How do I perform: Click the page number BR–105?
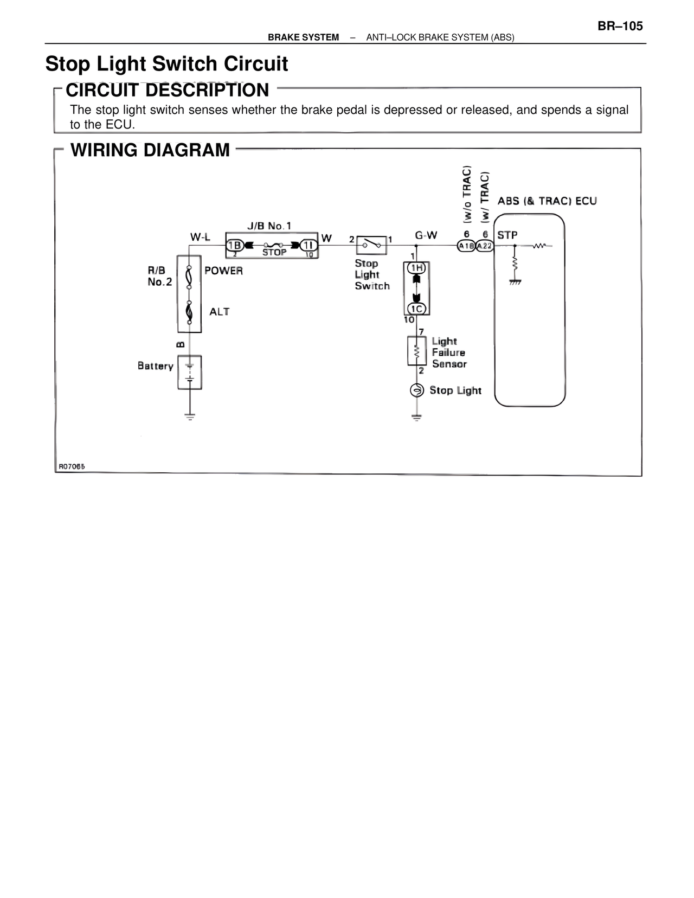coord(620,26)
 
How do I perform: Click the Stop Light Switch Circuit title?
coord(166,64)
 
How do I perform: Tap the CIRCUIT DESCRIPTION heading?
coord(167,90)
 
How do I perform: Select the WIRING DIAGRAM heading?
coord(150,150)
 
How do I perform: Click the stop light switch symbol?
coord(371,245)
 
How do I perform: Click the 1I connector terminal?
coord(308,245)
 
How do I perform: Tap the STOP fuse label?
coord(274,253)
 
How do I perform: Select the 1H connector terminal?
coord(416,268)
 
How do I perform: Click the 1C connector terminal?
coord(416,309)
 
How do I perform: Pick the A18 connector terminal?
coord(466,246)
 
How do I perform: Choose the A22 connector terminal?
coord(485,246)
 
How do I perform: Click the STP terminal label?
coord(507,235)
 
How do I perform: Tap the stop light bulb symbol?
coord(416,390)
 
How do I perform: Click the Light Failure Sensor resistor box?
coord(416,351)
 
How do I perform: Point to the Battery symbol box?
coord(189,372)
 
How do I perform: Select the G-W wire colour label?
coord(426,235)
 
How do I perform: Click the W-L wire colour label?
coord(200,237)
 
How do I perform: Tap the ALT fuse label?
coord(219,312)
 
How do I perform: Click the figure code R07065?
coord(72,466)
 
